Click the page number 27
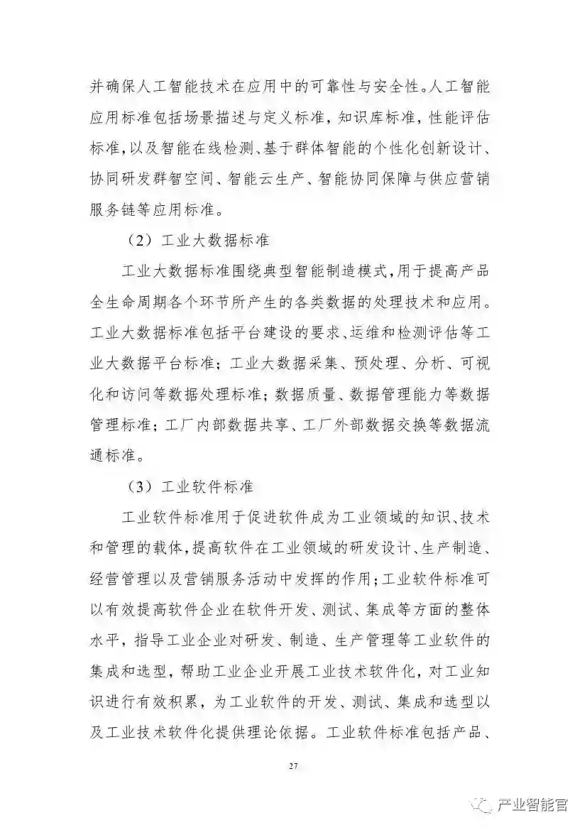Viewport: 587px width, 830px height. [x=293, y=765]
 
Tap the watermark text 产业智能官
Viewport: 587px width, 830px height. [x=532, y=805]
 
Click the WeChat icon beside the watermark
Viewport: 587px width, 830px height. [x=485, y=805]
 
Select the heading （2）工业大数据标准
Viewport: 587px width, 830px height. [x=198, y=240]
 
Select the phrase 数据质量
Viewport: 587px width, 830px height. [x=309, y=395]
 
